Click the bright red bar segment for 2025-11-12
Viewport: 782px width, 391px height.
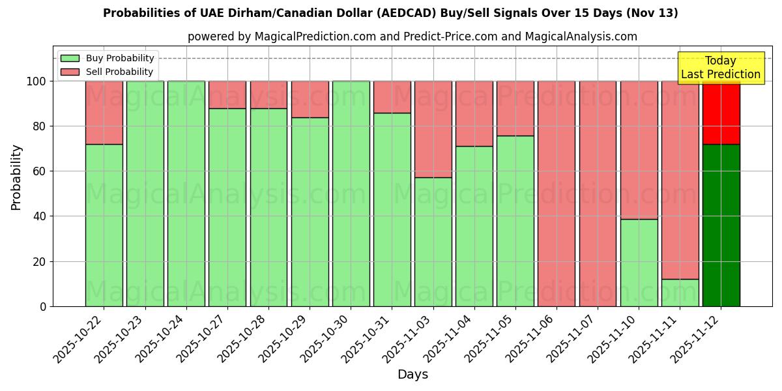click(x=721, y=112)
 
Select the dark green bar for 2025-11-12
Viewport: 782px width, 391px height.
click(x=721, y=225)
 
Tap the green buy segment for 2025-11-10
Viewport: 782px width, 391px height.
click(x=639, y=263)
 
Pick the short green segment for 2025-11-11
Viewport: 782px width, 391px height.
click(x=680, y=293)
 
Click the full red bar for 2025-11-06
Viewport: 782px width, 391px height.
click(x=557, y=194)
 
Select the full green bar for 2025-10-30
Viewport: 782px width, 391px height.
click(x=351, y=194)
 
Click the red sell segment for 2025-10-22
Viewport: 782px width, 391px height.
click(x=104, y=112)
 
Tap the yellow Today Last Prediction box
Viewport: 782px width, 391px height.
click(x=720, y=68)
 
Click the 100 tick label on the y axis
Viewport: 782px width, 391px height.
click(x=36, y=81)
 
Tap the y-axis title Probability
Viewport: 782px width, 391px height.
click(x=16, y=177)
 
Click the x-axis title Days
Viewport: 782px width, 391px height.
click(x=413, y=375)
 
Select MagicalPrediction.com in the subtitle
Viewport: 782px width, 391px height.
click(x=315, y=36)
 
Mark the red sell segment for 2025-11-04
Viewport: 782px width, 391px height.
click(x=474, y=113)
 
